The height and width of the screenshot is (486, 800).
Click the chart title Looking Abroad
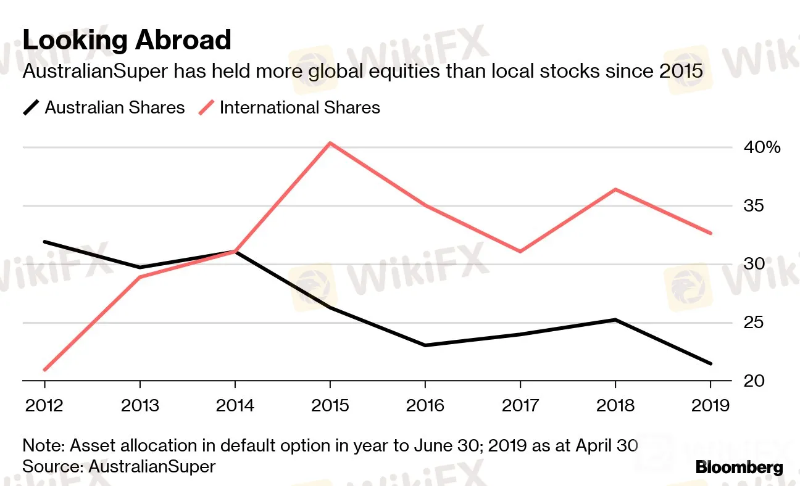[x=127, y=40]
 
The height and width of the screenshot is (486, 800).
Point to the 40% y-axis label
[x=762, y=147]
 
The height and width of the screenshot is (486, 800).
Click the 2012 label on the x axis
[x=44, y=406]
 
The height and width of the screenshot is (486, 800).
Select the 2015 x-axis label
[x=330, y=406]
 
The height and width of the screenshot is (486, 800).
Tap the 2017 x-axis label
[x=520, y=406]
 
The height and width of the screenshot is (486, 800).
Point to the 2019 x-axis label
[x=710, y=406]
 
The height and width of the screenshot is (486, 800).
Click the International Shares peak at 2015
[x=330, y=143]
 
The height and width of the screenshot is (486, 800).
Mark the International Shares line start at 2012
[x=45, y=370]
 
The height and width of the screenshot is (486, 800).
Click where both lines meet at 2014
[x=235, y=251]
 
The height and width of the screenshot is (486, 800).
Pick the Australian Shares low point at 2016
[x=425, y=345]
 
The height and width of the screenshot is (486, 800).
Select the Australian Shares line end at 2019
[x=710, y=364]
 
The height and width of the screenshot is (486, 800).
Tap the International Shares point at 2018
[x=615, y=189]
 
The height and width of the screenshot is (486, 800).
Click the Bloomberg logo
[x=739, y=467]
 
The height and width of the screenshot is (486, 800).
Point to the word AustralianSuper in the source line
[x=152, y=466]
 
